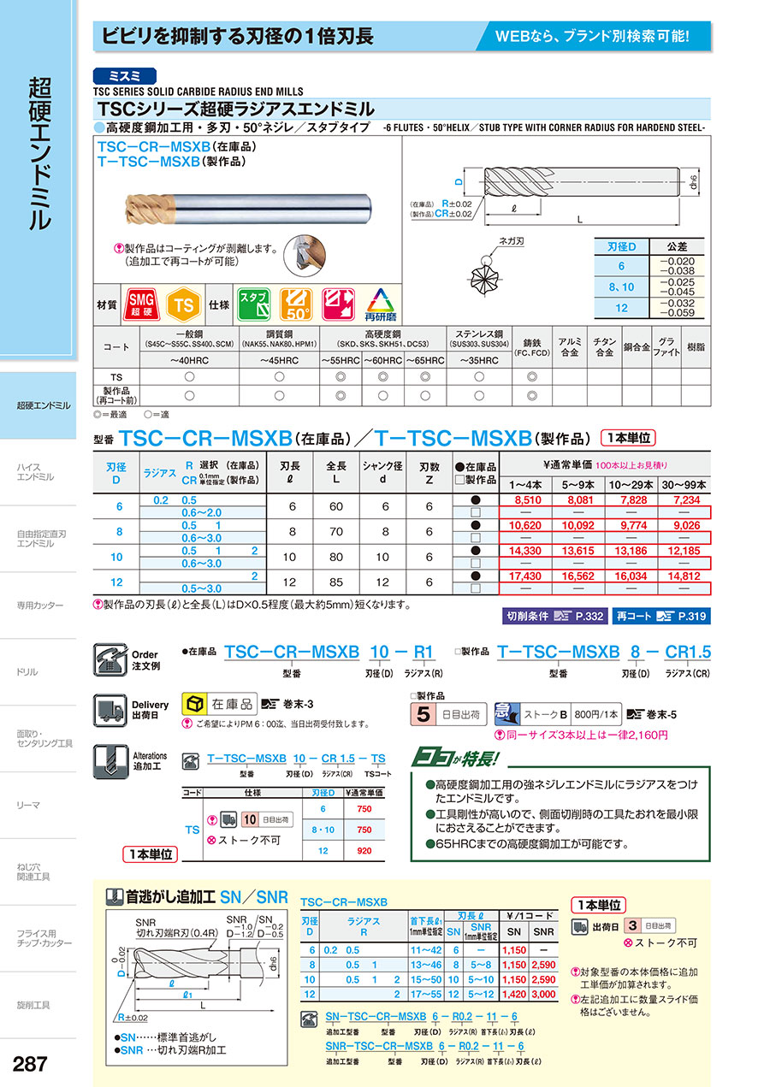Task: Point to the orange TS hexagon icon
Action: [x=181, y=304]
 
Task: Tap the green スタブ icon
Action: [x=253, y=304]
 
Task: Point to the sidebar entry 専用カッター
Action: [x=39, y=605]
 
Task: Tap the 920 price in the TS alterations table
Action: [x=364, y=852]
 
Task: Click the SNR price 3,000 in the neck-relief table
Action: [x=544, y=995]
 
